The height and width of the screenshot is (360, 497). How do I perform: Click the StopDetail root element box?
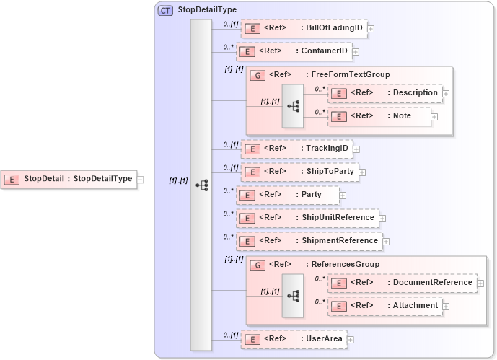tap(70, 179)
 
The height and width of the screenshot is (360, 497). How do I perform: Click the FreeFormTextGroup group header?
tap(328, 74)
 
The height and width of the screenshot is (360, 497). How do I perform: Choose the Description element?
tap(385, 93)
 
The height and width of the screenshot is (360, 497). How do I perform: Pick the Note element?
tap(379, 115)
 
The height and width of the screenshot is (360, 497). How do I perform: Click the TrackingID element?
tap(296, 149)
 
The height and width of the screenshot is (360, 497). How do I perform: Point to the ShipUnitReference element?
tap(308, 218)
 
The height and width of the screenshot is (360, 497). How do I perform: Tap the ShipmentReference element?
tap(310, 241)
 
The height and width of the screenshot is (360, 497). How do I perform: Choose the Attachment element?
tap(385, 306)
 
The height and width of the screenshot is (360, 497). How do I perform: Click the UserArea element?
tap(294, 338)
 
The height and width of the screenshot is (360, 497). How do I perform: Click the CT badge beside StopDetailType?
tap(165, 10)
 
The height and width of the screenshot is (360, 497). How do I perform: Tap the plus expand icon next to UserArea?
tap(351, 338)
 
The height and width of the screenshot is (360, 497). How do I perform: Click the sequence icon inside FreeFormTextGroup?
tap(293, 105)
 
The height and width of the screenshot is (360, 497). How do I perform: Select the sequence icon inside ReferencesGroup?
tap(293, 295)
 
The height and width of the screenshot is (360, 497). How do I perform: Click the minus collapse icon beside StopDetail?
tap(141, 180)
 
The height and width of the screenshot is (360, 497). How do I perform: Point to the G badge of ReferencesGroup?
tap(257, 265)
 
